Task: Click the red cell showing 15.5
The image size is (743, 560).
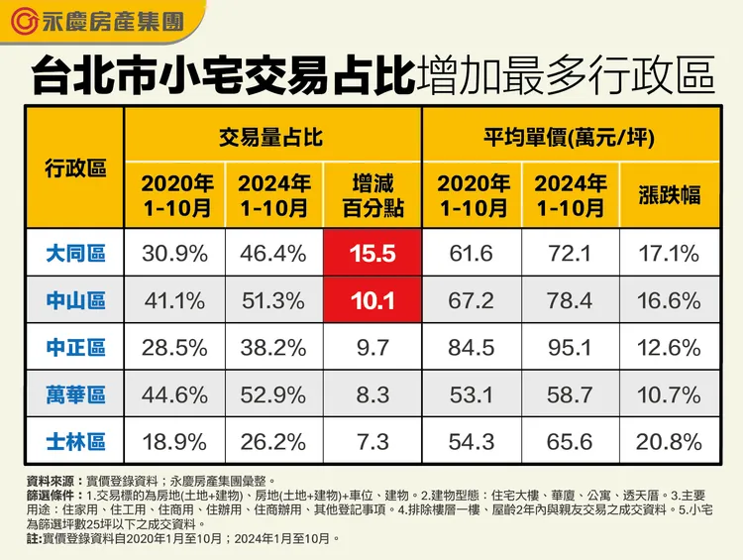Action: point(372,254)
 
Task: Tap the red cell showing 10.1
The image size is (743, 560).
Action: point(372,300)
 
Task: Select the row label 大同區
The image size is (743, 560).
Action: point(75,254)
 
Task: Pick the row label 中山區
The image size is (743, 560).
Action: point(75,300)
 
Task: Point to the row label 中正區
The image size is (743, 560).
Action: point(75,348)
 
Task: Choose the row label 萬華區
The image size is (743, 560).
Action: point(75,394)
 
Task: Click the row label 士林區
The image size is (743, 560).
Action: point(75,441)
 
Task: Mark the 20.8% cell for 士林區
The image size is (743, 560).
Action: point(670,441)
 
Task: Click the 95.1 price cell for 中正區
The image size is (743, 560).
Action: point(571,348)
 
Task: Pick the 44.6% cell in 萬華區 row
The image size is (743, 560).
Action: point(174,394)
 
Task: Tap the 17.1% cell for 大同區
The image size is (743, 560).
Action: point(670,254)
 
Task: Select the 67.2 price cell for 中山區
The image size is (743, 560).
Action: point(472,300)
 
